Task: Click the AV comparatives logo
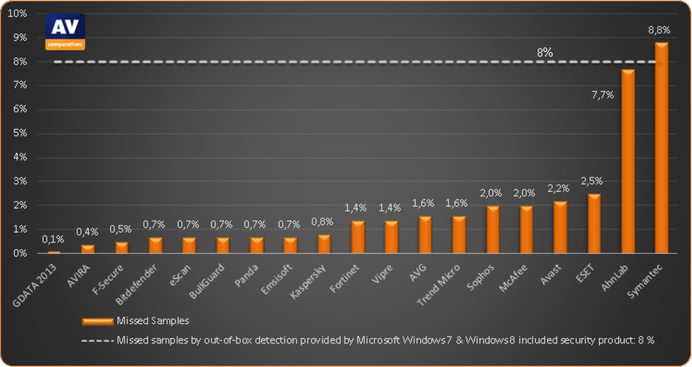pos(65,32)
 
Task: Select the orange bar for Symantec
pos(661,148)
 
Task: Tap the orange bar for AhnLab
pos(628,161)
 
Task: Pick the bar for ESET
pos(594,223)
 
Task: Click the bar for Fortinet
pos(358,237)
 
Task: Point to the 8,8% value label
pos(660,30)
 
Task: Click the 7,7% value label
pos(602,94)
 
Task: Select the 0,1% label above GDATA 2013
pos(53,240)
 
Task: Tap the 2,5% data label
pos(592,181)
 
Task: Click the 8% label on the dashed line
pos(544,51)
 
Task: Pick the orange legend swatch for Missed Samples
pos(98,322)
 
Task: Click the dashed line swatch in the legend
pos(98,341)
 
